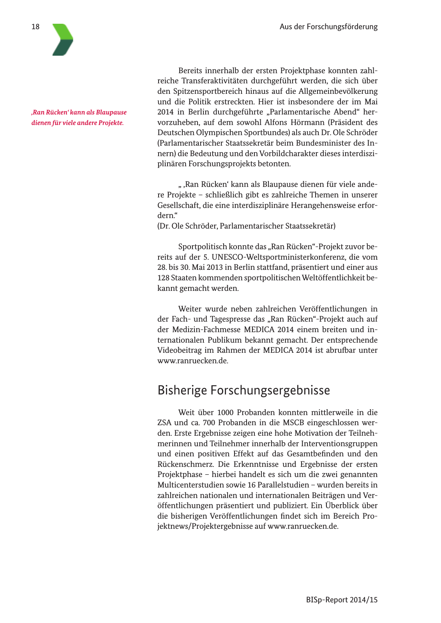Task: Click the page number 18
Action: click(x=35, y=27)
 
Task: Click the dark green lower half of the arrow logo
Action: click(x=62, y=48)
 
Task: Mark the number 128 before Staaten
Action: click(x=164, y=278)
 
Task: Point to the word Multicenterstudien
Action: click(x=194, y=485)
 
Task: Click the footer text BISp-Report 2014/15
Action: click(x=342, y=600)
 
